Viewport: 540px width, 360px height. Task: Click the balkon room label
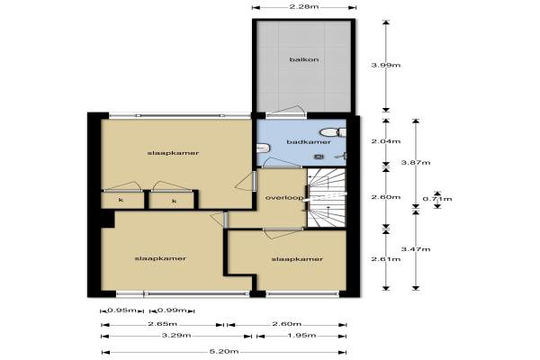[304, 59]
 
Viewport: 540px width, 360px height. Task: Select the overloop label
[284, 198]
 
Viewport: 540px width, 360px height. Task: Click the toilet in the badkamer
[333, 132]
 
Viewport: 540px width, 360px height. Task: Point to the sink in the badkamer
[263, 148]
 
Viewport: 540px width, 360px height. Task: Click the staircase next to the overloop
[326, 198]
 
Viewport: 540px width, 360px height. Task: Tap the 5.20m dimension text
[224, 352]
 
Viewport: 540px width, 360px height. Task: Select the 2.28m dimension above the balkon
[304, 7]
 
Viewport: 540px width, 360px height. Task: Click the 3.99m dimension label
[386, 65]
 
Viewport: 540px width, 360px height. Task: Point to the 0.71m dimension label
[437, 199]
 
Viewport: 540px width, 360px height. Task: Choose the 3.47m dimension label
[416, 249]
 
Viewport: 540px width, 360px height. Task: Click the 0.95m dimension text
[121, 310]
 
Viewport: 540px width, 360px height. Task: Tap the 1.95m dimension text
[301, 336]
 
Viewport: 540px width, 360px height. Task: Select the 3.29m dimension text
[176, 336]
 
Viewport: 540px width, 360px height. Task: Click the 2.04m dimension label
[386, 141]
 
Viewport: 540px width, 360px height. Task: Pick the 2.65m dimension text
[162, 324]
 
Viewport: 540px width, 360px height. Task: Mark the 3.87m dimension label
[416, 163]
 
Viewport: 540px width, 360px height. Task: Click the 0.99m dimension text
[172, 310]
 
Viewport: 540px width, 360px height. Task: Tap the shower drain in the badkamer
[319, 157]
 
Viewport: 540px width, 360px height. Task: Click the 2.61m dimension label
[386, 259]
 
